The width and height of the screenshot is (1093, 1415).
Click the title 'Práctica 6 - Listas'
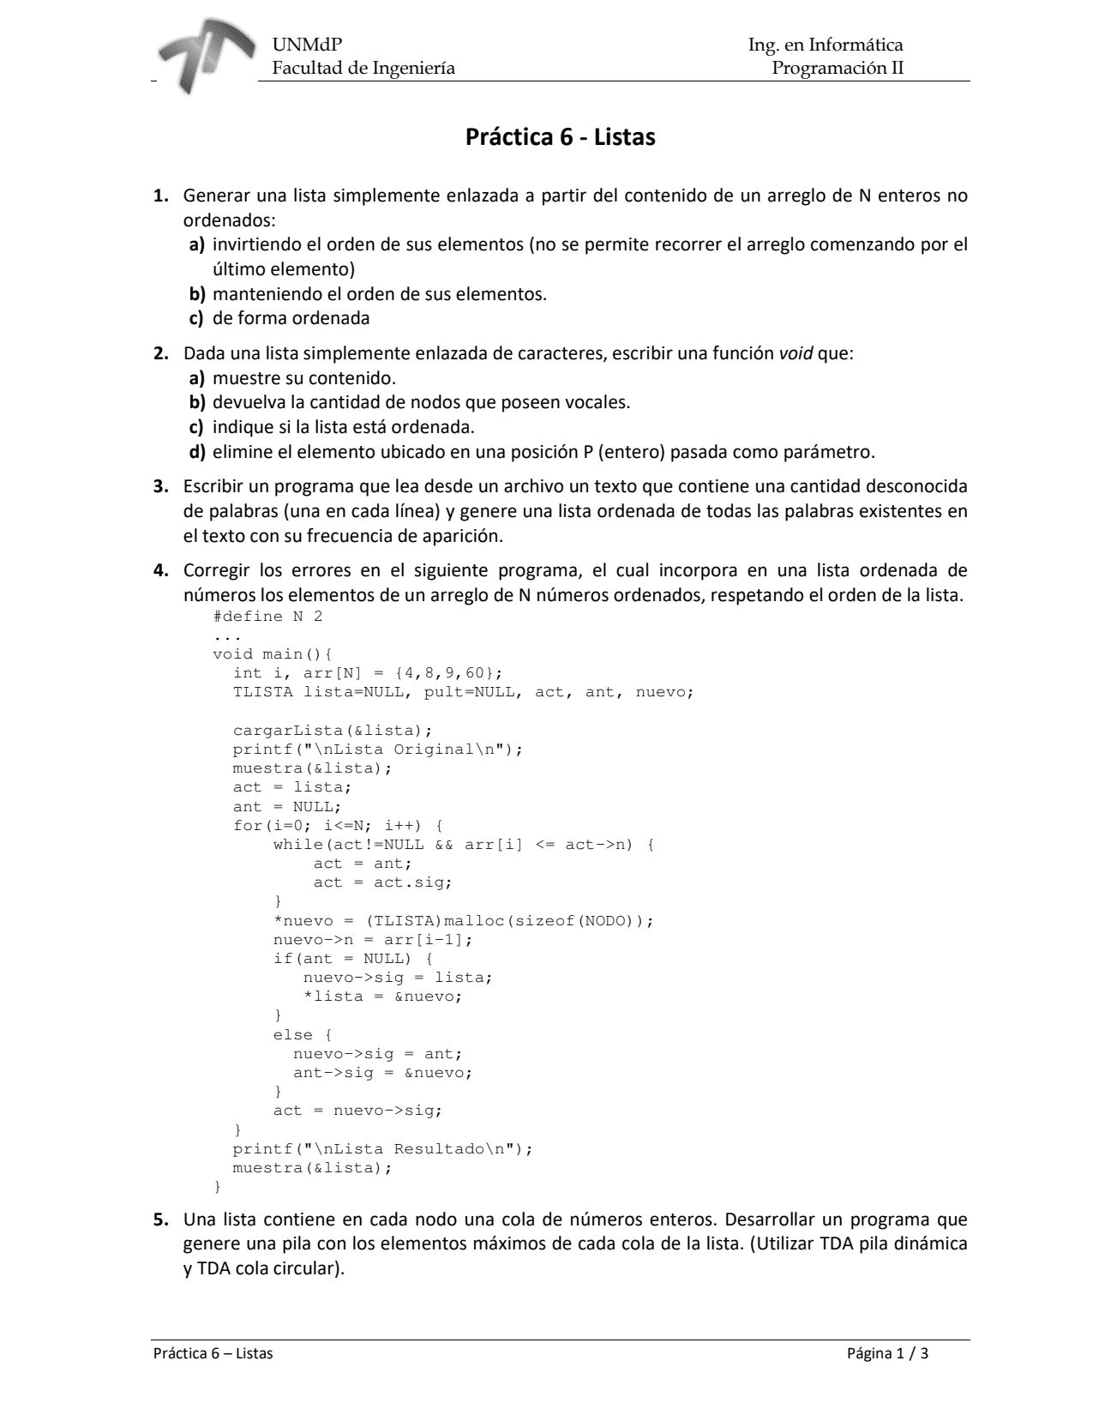560,137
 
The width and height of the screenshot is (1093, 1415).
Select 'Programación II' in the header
838,68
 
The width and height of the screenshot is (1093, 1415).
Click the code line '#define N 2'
267,617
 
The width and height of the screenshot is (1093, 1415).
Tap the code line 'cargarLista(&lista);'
333,731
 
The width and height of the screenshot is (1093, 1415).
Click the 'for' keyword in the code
248,826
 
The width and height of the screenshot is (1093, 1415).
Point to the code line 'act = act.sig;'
382,882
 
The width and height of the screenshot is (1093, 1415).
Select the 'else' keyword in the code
293,1035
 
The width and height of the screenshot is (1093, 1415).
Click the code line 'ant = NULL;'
287,807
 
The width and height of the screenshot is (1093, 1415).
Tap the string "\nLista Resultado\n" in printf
414,1149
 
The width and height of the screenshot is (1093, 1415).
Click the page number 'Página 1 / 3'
887,1354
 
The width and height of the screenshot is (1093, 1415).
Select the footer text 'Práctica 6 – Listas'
213,1354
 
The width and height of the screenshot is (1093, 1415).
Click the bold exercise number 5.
160,1219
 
